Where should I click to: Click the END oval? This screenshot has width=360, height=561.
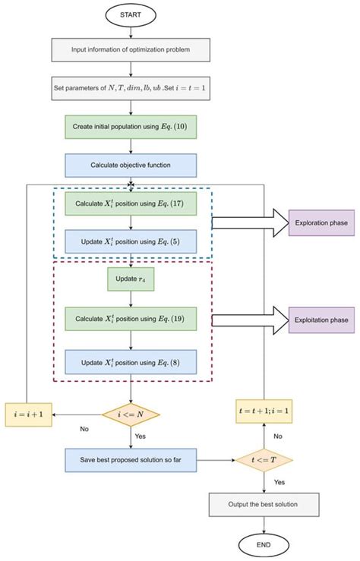coord(264,546)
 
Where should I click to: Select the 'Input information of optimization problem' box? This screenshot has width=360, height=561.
coord(131,50)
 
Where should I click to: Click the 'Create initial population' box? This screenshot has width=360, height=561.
coord(131,126)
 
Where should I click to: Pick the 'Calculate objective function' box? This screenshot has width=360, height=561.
coord(131,165)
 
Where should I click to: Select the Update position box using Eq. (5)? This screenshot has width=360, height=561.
coord(131,241)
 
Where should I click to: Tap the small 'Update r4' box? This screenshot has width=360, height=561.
coord(131,279)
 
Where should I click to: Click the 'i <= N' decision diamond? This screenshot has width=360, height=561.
coord(131,414)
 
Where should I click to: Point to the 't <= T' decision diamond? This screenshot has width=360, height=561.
coord(264,459)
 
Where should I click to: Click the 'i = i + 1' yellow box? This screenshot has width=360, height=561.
coord(29,414)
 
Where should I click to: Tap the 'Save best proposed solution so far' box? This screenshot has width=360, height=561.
coord(131,459)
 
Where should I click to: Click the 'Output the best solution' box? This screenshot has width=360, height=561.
coord(264,504)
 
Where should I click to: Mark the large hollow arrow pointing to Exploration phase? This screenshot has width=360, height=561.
coord(239,222)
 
